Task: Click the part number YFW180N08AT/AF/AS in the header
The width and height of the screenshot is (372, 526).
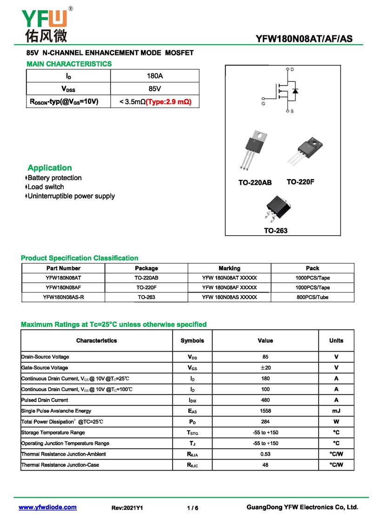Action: coord(304,39)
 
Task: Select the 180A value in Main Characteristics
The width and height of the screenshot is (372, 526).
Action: coord(154,76)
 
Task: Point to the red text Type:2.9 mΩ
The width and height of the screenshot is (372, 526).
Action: coord(169,101)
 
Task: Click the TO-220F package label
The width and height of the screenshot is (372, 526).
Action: coord(300,182)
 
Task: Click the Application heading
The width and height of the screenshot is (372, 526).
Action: coord(50,168)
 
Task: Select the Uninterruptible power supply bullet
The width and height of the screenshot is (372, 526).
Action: coord(71,196)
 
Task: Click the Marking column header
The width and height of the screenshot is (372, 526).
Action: coord(229,268)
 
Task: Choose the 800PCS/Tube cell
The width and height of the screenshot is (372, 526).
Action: coord(312,297)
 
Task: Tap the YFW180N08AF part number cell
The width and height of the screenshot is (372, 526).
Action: coord(63,287)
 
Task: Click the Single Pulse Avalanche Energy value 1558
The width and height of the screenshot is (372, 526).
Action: coord(265,411)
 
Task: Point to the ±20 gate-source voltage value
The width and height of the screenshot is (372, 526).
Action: coord(265,368)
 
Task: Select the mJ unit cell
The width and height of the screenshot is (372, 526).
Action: coord(336,411)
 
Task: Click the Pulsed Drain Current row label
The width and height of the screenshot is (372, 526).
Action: coord(45,400)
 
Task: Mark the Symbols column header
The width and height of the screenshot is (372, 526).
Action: coord(192,341)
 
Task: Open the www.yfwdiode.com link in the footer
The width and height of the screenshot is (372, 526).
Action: coord(47,507)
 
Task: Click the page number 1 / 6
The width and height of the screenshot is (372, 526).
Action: coord(193,508)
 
